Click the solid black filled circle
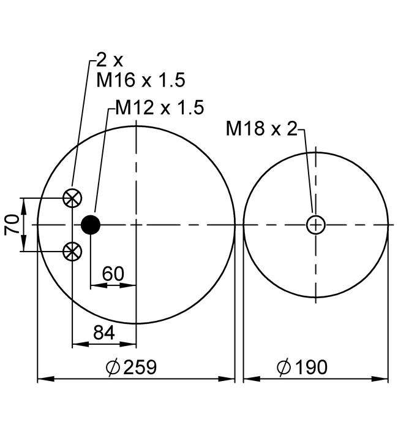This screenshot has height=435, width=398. point(91,225)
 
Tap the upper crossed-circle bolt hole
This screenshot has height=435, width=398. point(72,198)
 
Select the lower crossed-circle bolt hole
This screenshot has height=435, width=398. point(72,252)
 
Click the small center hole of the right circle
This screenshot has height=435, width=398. point(315,225)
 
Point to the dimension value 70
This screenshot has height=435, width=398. point(12,225)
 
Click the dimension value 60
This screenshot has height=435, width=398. point(113,274)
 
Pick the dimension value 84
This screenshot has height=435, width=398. point(104,333)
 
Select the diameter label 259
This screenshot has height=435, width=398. point(140,367)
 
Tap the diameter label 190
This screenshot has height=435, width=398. point(312,367)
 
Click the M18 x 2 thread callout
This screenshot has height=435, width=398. point(261,128)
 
